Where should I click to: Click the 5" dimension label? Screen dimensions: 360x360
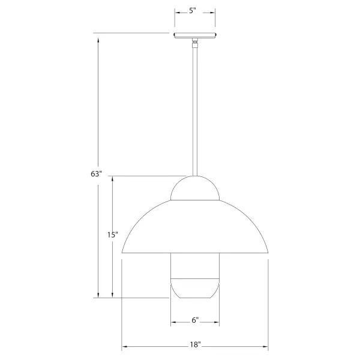pyautogui.click(x=193, y=11)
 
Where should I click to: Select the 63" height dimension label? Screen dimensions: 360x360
pyautogui.click(x=96, y=174)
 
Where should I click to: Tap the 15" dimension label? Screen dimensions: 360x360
pyautogui.click(x=113, y=235)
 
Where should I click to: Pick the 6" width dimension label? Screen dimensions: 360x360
pyautogui.click(x=195, y=320)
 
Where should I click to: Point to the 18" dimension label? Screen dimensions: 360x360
pyautogui.click(x=196, y=344)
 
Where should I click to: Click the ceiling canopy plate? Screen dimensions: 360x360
pyautogui.click(x=195, y=35)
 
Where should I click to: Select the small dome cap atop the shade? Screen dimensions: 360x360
pyautogui.click(x=195, y=188)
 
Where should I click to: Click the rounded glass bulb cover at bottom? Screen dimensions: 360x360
pyautogui.click(x=195, y=289)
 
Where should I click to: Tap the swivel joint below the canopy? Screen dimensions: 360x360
pyautogui.click(x=194, y=43)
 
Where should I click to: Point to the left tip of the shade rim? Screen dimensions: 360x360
pyautogui.click(x=122, y=253)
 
